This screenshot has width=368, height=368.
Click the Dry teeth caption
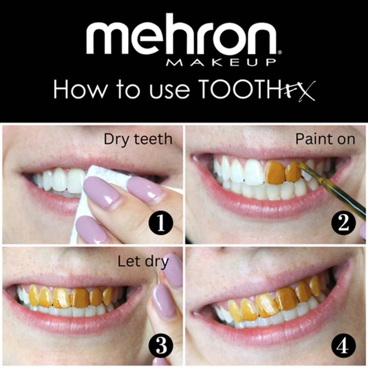pyautogui.click(x=138, y=139)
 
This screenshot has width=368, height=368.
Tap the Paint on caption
pyautogui.click(x=325, y=139)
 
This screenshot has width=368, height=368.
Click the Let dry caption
pyautogui.click(x=143, y=262)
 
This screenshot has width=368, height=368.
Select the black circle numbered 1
pyautogui.click(x=161, y=223)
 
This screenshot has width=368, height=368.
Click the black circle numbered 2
pyautogui.click(x=343, y=223)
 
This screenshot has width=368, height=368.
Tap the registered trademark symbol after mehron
pyautogui.click(x=280, y=53)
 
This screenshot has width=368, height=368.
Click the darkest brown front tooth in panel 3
pyautogui.click(x=81, y=298)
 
